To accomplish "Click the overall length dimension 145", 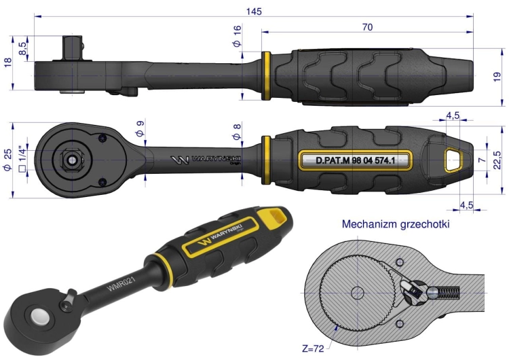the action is [254, 12].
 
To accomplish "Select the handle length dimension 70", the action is [367, 27].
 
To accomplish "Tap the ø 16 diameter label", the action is [238, 36].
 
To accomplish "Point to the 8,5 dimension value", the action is [22, 48].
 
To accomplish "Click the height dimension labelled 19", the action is [497, 77].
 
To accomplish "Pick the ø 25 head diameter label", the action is [7, 160].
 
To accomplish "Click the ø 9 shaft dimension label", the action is [140, 128].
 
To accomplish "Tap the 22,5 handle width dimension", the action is [497, 160].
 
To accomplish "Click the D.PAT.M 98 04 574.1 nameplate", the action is [356, 160].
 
